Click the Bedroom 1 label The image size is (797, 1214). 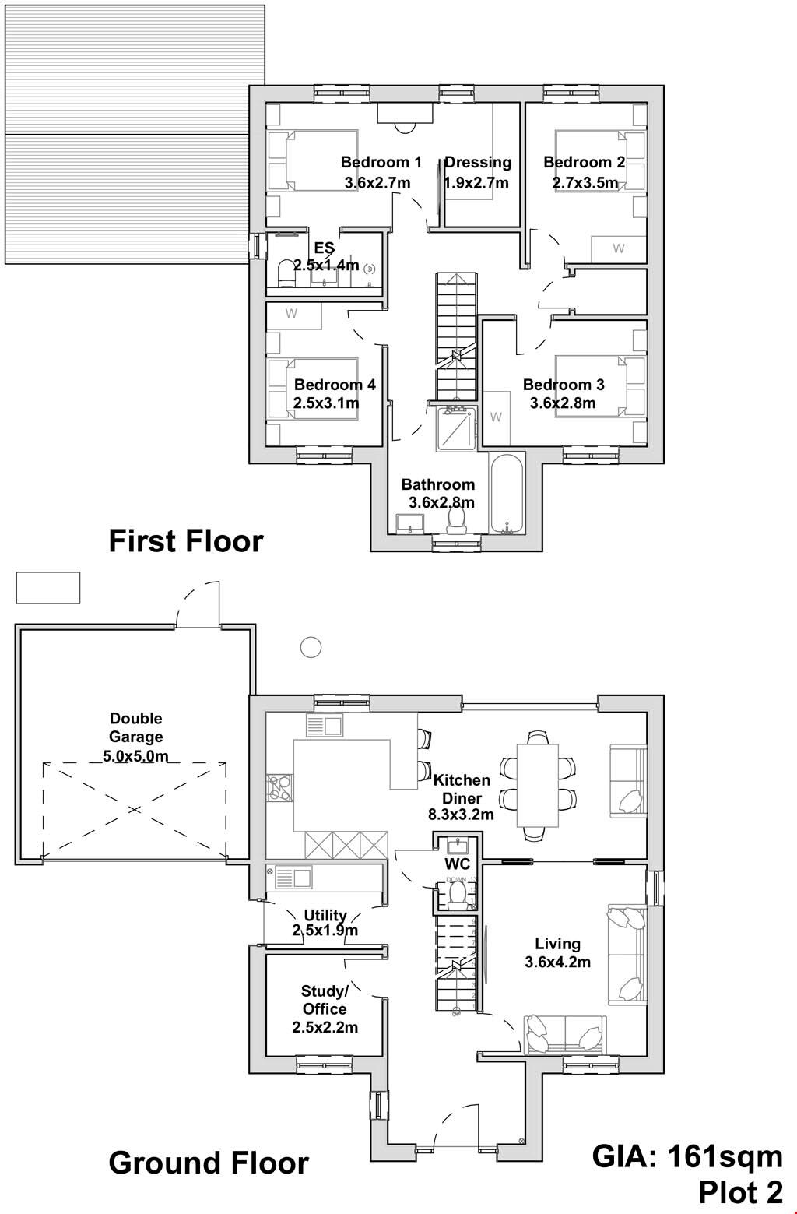pyautogui.click(x=381, y=162)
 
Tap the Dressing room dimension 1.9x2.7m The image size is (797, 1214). pyautogui.click(x=476, y=183)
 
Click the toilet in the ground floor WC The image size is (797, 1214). pyautogui.click(x=457, y=895)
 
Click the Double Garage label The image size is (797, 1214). pyautogui.click(x=136, y=727)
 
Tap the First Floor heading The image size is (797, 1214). pyautogui.click(x=186, y=540)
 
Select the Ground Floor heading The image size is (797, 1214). pyautogui.click(x=209, y=1163)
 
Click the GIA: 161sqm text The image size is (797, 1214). pyautogui.click(x=687, y=1156)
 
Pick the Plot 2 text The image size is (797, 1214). pyautogui.click(x=740, y=1192)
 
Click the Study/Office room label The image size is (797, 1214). pyautogui.click(x=325, y=1000)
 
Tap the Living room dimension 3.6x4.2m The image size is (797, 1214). pyautogui.click(x=557, y=962)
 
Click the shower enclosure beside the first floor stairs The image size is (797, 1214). pyautogui.click(x=455, y=428)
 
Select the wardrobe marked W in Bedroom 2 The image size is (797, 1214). pyautogui.click(x=618, y=249)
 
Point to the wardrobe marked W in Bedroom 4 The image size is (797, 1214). pyautogui.click(x=293, y=315)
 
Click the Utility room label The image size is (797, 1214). pyautogui.click(x=325, y=915)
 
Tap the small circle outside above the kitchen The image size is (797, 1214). pyautogui.click(x=311, y=646)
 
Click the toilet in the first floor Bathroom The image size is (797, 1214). pyautogui.click(x=457, y=518)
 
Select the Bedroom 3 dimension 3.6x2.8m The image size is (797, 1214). pyautogui.click(x=563, y=403)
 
